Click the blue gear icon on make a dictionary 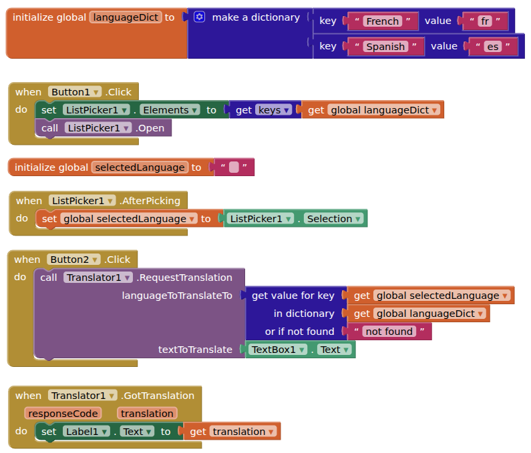(x=199, y=17)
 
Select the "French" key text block (x=382, y=21)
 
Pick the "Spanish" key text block (x=385, y=47)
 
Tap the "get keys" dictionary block (x=263, y=110)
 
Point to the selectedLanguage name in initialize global (x=140, y=167)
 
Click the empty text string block (x=234, y=167)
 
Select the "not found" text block (x=389, y=332)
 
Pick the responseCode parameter (x=63, y=414)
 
